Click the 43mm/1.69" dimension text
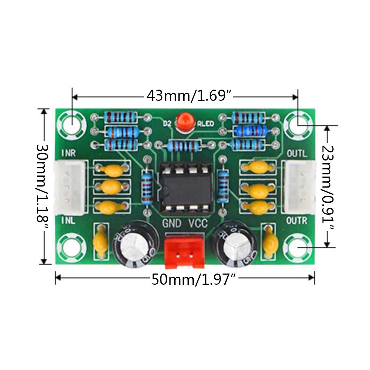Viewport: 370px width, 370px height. click(x=189, y=96)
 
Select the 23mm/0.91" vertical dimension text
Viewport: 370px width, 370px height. click(x=327, y=187)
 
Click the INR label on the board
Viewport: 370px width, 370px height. click(x=68, y=153)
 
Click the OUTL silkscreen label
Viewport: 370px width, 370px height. click(x=297, y=153)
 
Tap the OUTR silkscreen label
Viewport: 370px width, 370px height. click(x=297, y=220)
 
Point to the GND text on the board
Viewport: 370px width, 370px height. click(x=172, y=224)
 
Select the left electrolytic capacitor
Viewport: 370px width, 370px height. click(x=134, y=245)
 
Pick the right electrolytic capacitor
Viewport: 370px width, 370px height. click(x=235, y=245)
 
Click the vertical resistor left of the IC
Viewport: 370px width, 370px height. click(x=147, y=187)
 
